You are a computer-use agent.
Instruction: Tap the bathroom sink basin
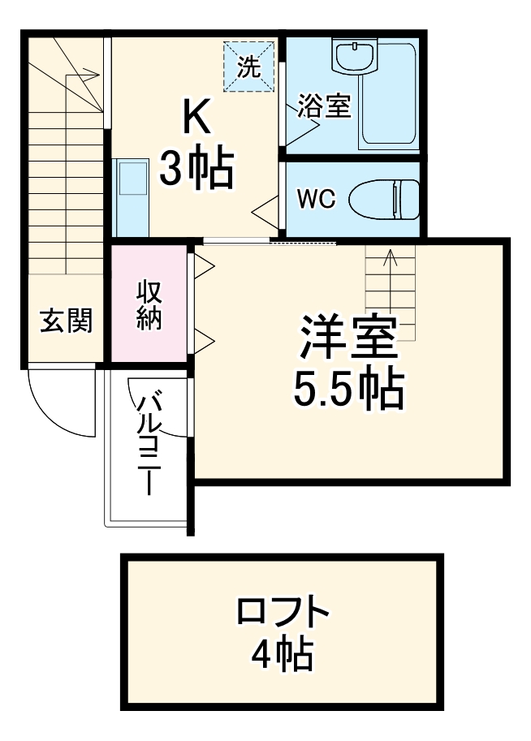(x=354, y=56)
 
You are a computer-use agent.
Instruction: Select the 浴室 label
(x=324, y=106)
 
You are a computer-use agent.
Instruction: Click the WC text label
(x=316, y=199)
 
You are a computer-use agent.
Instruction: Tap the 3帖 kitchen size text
(x=196, y=169)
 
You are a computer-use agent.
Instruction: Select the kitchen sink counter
(x=131, y=191)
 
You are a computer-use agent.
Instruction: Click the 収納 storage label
(x=149, y=304)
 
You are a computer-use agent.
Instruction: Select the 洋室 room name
(x=349, y=340)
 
